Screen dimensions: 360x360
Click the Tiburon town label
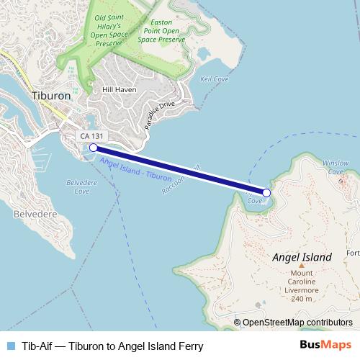pos(50,95)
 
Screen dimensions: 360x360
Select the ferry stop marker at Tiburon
pos(93,148)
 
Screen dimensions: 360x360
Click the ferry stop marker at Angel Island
pos(266,192)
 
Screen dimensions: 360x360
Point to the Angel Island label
pos(302,257)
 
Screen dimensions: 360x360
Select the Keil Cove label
pos(214,78)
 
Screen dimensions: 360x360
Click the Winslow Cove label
pos(336,167)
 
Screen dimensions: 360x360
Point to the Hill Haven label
pos(120,89)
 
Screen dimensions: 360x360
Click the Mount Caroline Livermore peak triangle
pos(301,265)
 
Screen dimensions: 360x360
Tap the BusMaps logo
pos(325,345)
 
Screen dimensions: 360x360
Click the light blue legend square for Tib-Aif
pos(9,346)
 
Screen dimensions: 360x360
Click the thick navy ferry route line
pos(180,170)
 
